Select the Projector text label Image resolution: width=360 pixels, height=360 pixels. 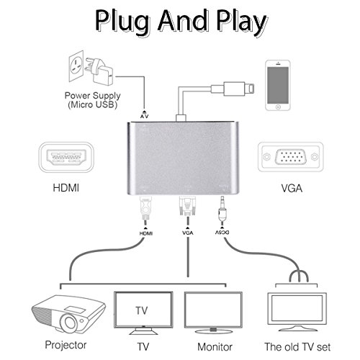pyautogui.click(x=64, y=345)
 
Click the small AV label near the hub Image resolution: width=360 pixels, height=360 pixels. pyautogui.click(x=143, y=114)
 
